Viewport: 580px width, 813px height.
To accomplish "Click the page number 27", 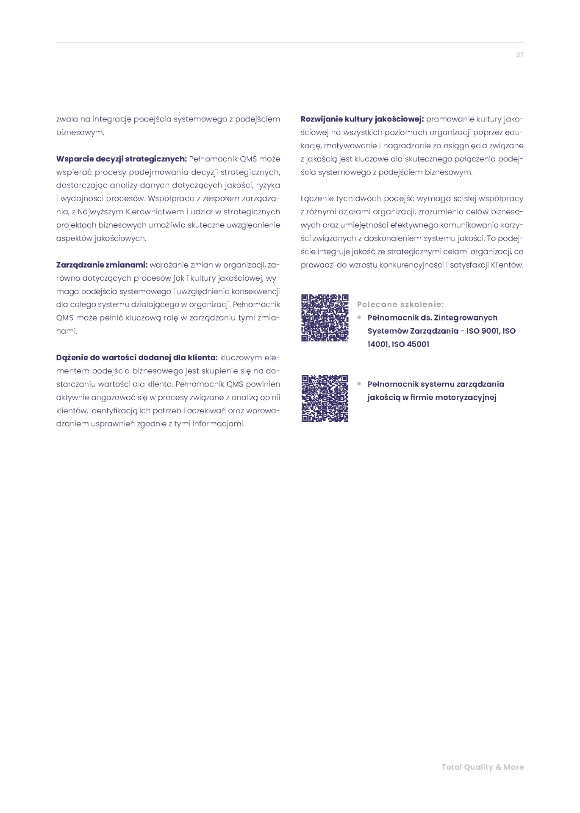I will (x=519, y=55).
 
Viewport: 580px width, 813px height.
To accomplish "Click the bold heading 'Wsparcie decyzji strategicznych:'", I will (x=121, y=159).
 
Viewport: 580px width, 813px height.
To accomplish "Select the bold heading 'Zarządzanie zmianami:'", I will (x=102, y=265).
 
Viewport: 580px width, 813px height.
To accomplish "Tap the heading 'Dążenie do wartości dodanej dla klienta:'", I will (x=136, y=358).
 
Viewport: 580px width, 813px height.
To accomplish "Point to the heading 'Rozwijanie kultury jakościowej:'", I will (x=362, y=119).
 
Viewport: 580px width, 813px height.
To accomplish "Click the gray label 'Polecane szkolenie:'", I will (x=400, y=304).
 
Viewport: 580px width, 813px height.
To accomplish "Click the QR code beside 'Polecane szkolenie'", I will (x=325, y=318).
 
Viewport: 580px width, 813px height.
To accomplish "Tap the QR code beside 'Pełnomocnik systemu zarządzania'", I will (x=325, y=398).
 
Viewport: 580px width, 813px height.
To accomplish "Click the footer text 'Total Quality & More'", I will (x=483, y=767).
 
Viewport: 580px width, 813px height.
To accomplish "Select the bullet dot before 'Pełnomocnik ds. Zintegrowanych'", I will (x=359, y=317).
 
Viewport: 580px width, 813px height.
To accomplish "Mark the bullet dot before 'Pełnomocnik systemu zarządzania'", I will (x=359, y=384).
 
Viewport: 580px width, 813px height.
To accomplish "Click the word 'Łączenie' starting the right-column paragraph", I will (x=316, y=199).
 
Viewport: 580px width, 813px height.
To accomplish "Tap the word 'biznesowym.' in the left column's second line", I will (x=80, y=133).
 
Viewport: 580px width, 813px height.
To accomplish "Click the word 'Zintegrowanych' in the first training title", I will (x=466, y=318).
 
